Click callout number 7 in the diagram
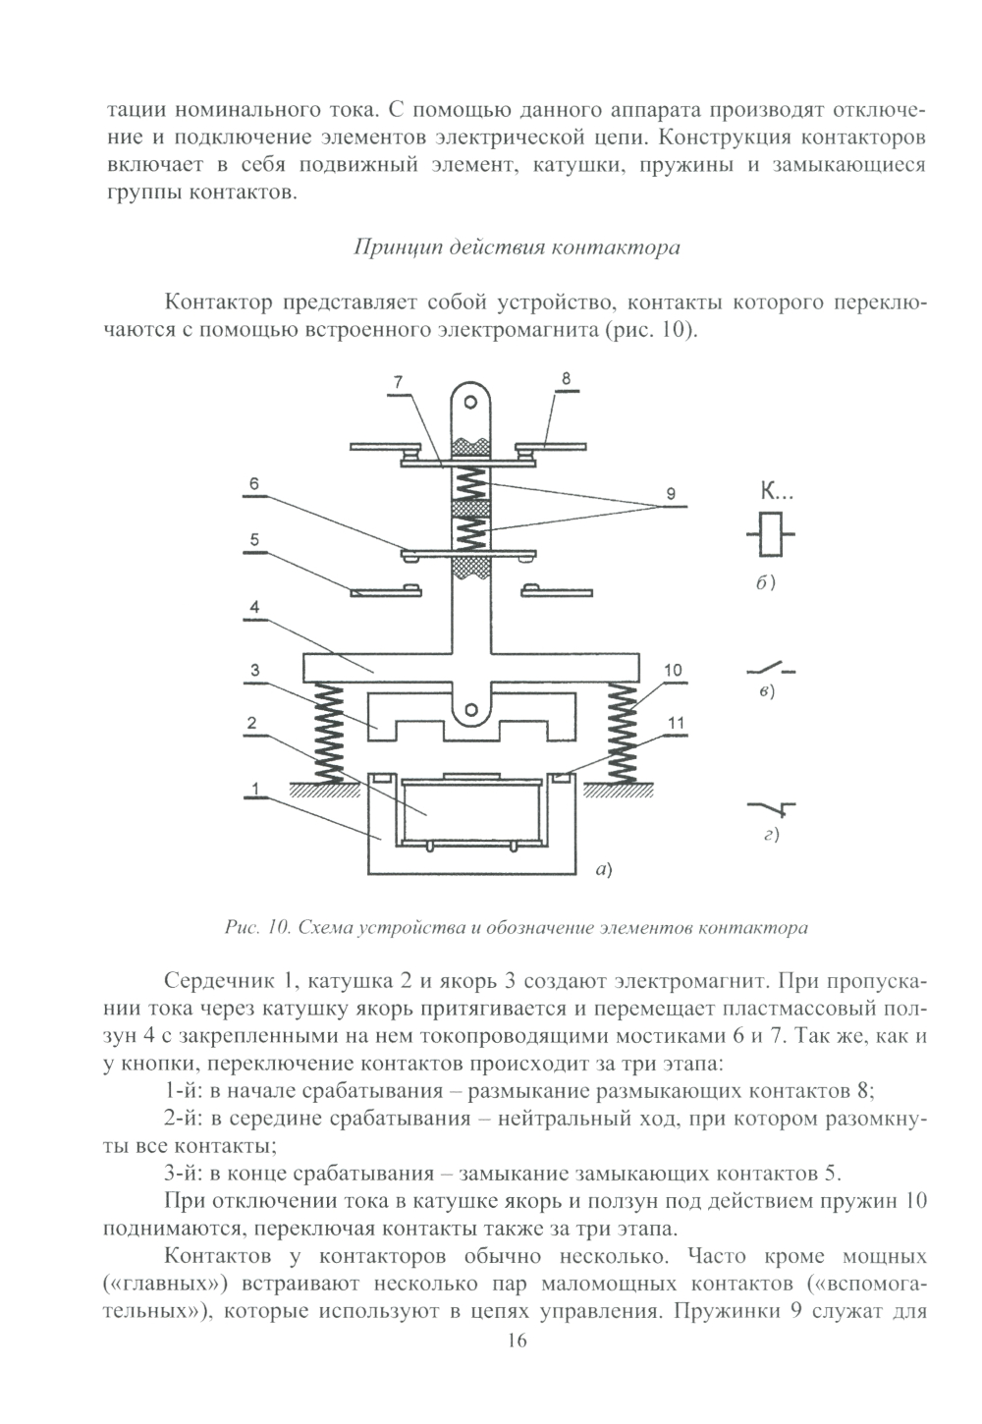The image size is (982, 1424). point(400,381)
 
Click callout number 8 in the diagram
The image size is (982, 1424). point(567,378)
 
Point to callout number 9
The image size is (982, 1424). point(671,494)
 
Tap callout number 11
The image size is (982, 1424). point(676,724)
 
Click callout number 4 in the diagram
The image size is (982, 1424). point(254,607)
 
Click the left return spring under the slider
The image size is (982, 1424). point(328,733)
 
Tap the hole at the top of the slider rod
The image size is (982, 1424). point(471,403)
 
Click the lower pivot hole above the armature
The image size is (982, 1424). point(471,709)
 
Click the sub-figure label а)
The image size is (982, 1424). point(603,868)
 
